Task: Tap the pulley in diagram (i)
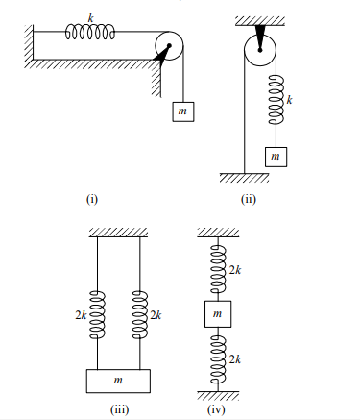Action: click(167, 46)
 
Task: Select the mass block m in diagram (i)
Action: click(180, 111)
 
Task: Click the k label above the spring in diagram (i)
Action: click(90, 17)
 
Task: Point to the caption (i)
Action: click(92, 200)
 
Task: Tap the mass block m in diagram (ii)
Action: click(276, 154)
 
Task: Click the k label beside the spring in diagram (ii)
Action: click(291, 99)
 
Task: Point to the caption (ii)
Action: click(250, 200)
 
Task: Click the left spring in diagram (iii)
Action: click(97, 313)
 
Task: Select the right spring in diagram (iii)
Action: click(140, 313)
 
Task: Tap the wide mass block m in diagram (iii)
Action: click(118, 380)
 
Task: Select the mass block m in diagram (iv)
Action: click(217, 315)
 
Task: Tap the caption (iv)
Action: click(217, 410)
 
